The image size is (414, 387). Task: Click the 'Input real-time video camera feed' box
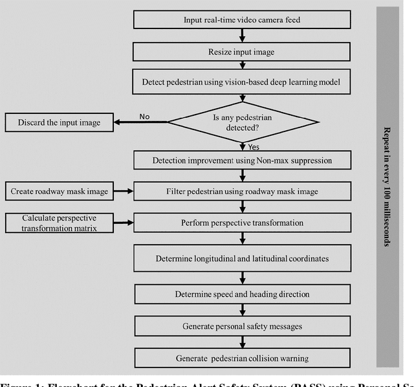pos(242,19)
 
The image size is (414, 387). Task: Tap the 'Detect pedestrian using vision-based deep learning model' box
pos(242,82)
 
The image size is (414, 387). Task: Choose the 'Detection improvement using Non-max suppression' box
pos(242,160)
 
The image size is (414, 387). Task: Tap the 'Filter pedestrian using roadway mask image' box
pos(242,191)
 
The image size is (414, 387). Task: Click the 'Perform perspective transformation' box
pos(242,223)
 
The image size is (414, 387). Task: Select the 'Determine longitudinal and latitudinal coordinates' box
pos(242,258)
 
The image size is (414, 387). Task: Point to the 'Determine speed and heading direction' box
pos(242,294)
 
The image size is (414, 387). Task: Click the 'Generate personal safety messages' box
pos(242,326)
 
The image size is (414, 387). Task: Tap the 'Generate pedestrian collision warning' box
pos(242,357)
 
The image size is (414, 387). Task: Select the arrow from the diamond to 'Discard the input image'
pos(139,121)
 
